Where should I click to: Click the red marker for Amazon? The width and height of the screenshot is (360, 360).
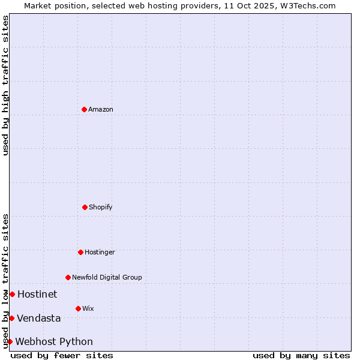coord(84,109)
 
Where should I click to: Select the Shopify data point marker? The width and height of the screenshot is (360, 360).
coord(85,207)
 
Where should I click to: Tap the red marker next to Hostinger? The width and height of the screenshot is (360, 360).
coord(80,252)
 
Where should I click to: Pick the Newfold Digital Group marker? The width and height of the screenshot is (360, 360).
coord(68,277)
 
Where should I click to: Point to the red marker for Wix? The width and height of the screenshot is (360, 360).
coord(78,308)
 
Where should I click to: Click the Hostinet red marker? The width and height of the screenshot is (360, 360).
coord(12,294)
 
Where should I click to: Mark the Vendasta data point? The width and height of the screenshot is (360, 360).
coord(11,318)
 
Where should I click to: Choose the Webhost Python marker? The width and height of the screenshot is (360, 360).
coord(10,341)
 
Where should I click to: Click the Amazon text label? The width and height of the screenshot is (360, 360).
coord(101,109)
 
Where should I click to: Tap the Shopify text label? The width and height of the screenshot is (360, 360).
coord(101,207)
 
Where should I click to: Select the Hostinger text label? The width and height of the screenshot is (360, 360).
coord(100,252)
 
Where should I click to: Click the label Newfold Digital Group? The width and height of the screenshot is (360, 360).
coord(107,277)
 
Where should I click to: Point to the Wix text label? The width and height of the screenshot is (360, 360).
coord(88,308)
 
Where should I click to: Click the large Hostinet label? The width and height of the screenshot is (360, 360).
coord(37,294)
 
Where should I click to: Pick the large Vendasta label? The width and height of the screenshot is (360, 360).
coord(39,318)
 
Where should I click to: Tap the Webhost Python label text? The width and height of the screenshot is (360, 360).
coord(54,341)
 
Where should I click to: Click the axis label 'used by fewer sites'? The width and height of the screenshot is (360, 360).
coord(62,355)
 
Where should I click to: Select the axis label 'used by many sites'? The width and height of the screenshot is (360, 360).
coord(301,355)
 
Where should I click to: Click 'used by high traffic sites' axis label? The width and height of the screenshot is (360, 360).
coord(5,85)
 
